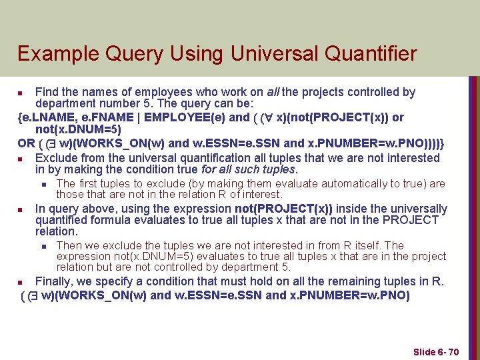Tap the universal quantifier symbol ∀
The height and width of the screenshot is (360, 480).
click(267, 117)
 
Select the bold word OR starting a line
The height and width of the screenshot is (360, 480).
click(27, 143)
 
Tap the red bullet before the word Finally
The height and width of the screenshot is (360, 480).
click(21, 282)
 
